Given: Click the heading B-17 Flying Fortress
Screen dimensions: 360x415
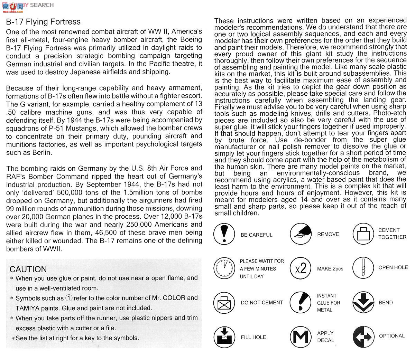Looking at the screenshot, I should pos(43,22).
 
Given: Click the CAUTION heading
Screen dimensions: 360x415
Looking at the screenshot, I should pos(28,269).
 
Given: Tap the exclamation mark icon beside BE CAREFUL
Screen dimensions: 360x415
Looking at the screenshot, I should pos(224,234).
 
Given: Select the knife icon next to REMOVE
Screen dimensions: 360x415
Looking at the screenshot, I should pos(301,234).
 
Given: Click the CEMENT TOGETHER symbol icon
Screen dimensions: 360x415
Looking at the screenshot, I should pos(363,234).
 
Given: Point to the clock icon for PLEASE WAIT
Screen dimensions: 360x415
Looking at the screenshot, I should pos(224,268).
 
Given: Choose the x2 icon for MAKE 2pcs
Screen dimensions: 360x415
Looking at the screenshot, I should pos(301,268).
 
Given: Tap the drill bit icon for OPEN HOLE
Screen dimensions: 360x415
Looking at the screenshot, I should pos(363,268).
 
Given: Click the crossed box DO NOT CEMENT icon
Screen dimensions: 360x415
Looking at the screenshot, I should pos(224,302).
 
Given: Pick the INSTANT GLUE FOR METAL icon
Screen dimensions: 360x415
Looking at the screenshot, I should pos(301,302).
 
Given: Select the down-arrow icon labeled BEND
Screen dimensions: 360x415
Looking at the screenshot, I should pos(363,302).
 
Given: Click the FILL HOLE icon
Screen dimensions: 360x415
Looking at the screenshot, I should pos(224,337).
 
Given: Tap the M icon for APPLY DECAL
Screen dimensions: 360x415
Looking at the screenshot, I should pos(301,337).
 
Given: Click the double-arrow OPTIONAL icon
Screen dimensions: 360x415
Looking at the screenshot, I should pos(363,337).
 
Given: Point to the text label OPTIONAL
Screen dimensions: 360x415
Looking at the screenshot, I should pos(391,336).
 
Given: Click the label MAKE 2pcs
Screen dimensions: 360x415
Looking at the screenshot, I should pos(330,269).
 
